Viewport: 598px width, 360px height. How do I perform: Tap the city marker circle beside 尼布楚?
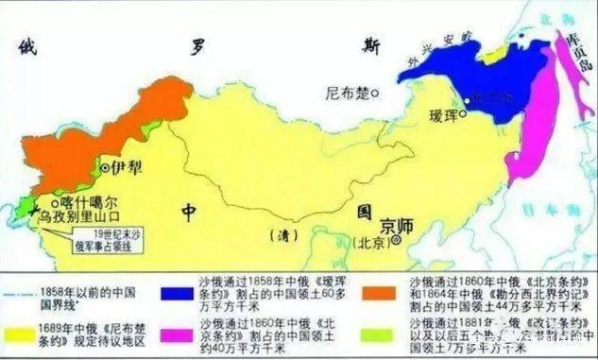376,93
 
